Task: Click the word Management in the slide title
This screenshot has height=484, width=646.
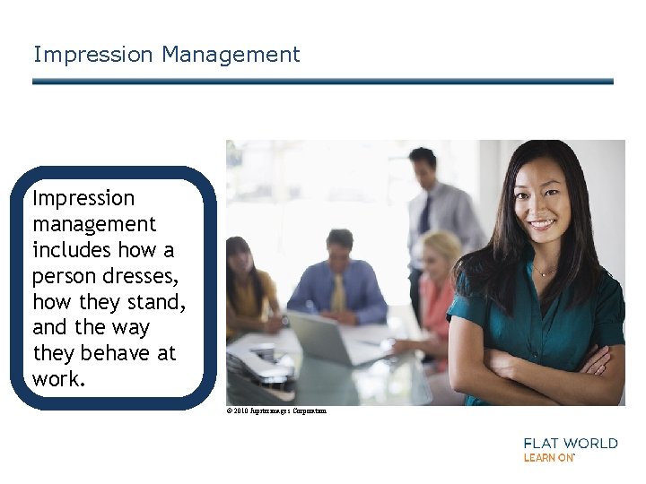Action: (x=231, y=55)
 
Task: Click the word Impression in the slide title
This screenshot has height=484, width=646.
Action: (x=93, y=55)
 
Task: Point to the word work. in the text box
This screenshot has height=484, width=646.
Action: (x=59, y=379)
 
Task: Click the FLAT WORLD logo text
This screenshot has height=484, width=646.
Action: (x=570, y=443)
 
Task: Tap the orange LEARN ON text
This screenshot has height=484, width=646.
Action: (x=548, y=457)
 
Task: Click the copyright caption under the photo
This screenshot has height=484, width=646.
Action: (x=276, y=411)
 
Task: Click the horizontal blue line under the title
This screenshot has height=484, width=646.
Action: (x=323, y=82)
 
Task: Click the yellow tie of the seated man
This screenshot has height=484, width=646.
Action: (x=338, y=292)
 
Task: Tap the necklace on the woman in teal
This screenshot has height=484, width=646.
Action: (x=545, y=270)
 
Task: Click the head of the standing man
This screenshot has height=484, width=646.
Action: (x=422, y=168)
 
